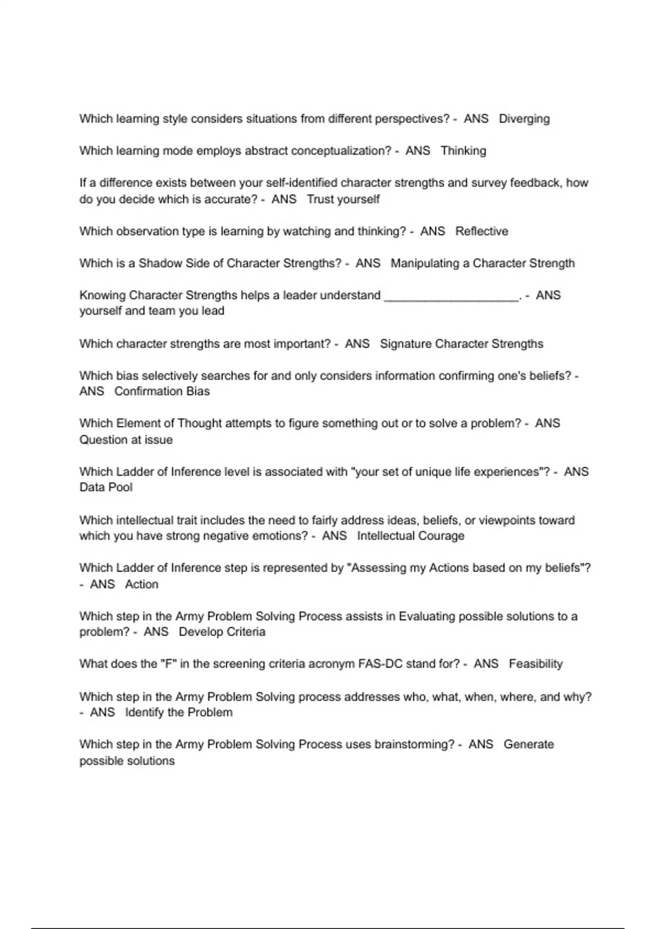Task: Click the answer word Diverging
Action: (524, 119)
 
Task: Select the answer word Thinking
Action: (463, 151)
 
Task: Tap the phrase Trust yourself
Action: (343, 199)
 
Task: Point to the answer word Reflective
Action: (481, 232)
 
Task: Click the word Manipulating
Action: (425, 263)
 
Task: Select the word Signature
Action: (405, 344)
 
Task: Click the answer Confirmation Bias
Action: (162, 392)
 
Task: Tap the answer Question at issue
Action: (126, 440)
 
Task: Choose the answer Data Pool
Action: (106, 487)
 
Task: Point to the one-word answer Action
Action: (142, 585)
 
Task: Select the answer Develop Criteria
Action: (222, 632)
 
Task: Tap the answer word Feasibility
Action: (535, 665)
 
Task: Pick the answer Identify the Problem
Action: (178, 713)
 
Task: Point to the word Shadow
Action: (160, 263)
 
